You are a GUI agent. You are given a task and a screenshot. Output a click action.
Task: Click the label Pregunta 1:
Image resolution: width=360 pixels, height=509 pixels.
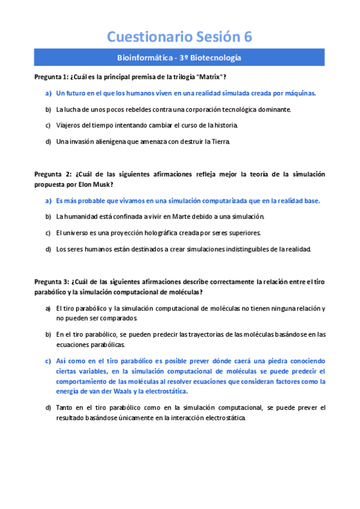point(51,77)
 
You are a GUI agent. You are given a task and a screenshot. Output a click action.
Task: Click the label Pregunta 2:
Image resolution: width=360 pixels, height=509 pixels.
point(52,174)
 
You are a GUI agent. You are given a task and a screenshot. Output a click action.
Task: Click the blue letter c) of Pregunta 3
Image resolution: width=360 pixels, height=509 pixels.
point(47,361)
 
